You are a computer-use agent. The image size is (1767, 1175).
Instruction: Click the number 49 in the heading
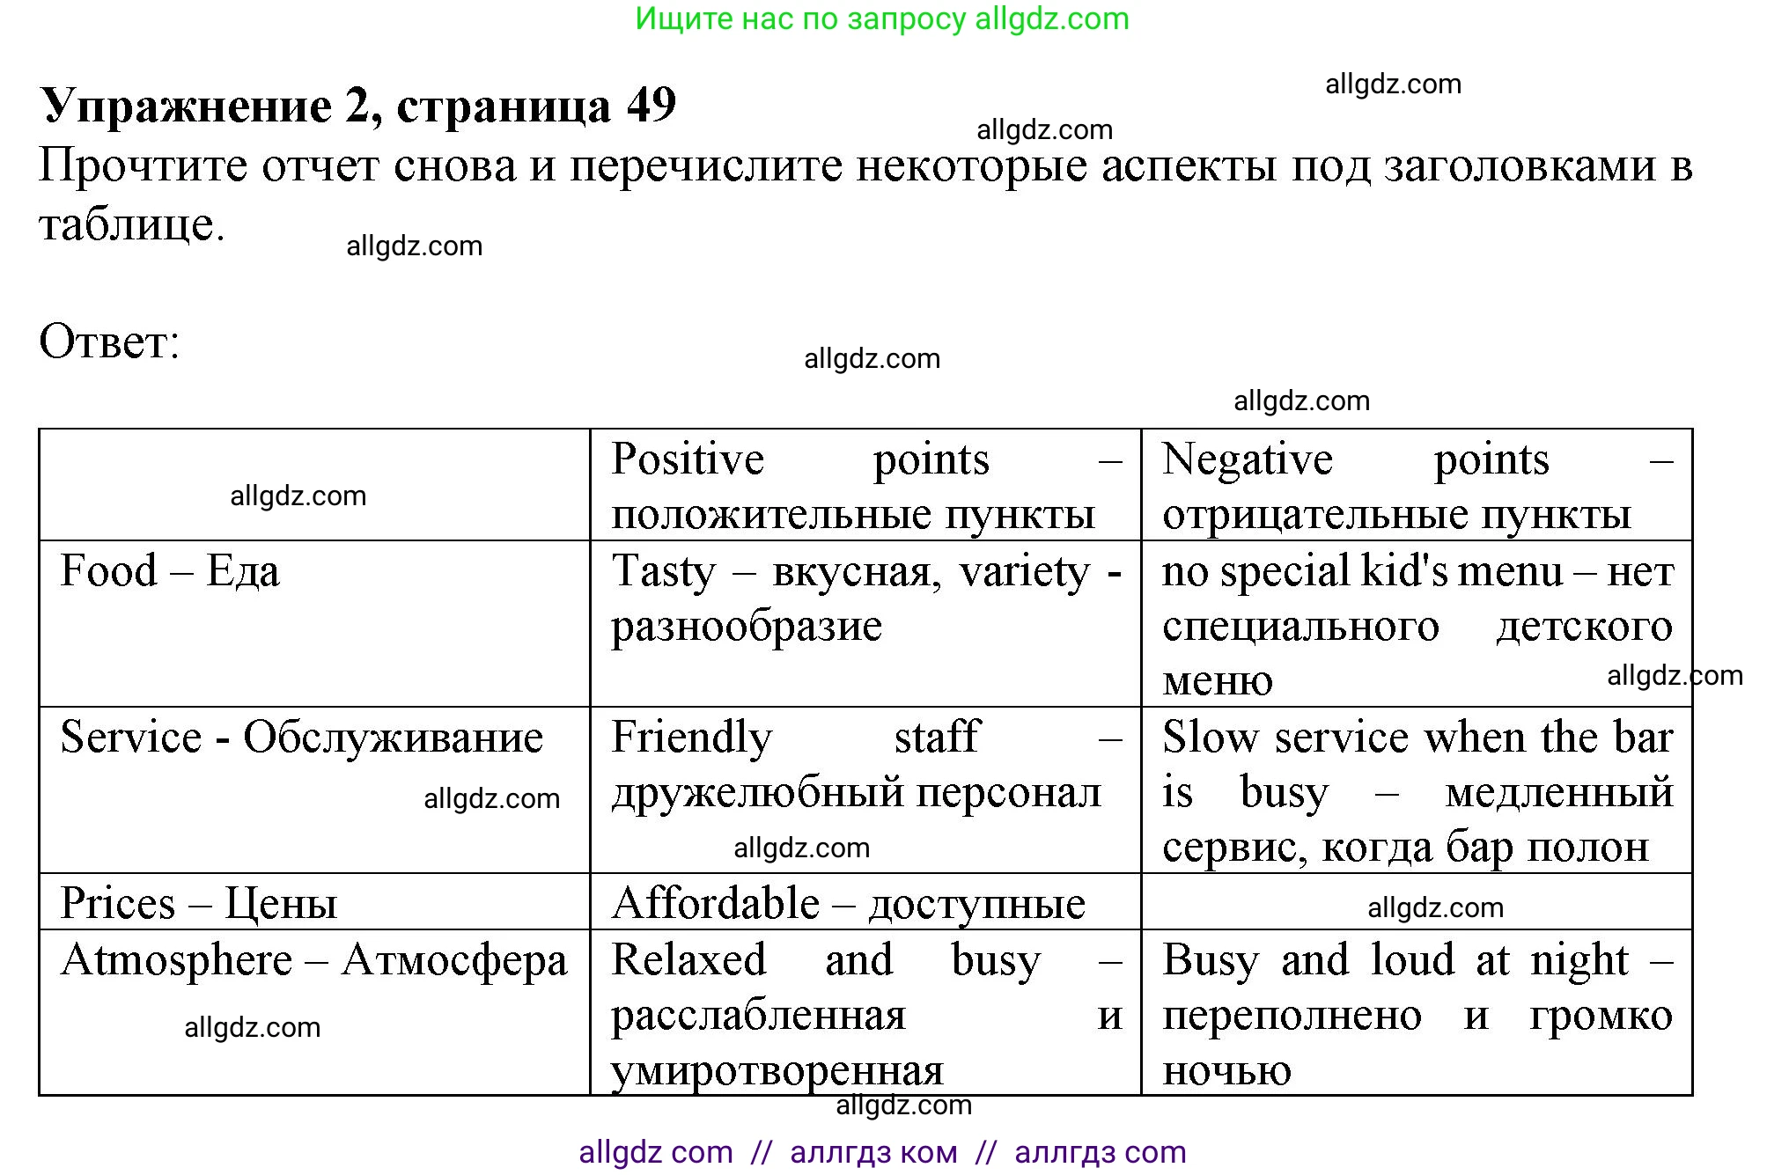[652, 106]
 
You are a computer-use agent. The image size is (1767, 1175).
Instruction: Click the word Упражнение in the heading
[186, 107]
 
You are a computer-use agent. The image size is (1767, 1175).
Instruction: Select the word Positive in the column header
[688, 459]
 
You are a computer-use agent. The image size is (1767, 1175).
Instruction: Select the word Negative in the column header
[1248, 459]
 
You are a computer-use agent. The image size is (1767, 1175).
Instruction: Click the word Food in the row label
[108, 570]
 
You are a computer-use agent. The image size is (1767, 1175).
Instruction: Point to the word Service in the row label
[131, 737]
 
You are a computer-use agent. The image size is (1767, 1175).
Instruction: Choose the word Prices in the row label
[118, 903]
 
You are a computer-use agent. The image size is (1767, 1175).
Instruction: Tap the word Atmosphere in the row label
[176, 959]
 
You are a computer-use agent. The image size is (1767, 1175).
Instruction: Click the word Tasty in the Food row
[664, 572]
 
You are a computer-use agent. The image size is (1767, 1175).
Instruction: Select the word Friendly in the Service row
[692, 738]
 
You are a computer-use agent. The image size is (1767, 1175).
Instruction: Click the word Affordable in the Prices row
[716, 903]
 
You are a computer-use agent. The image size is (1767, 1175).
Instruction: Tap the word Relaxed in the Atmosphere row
[688, 959]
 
